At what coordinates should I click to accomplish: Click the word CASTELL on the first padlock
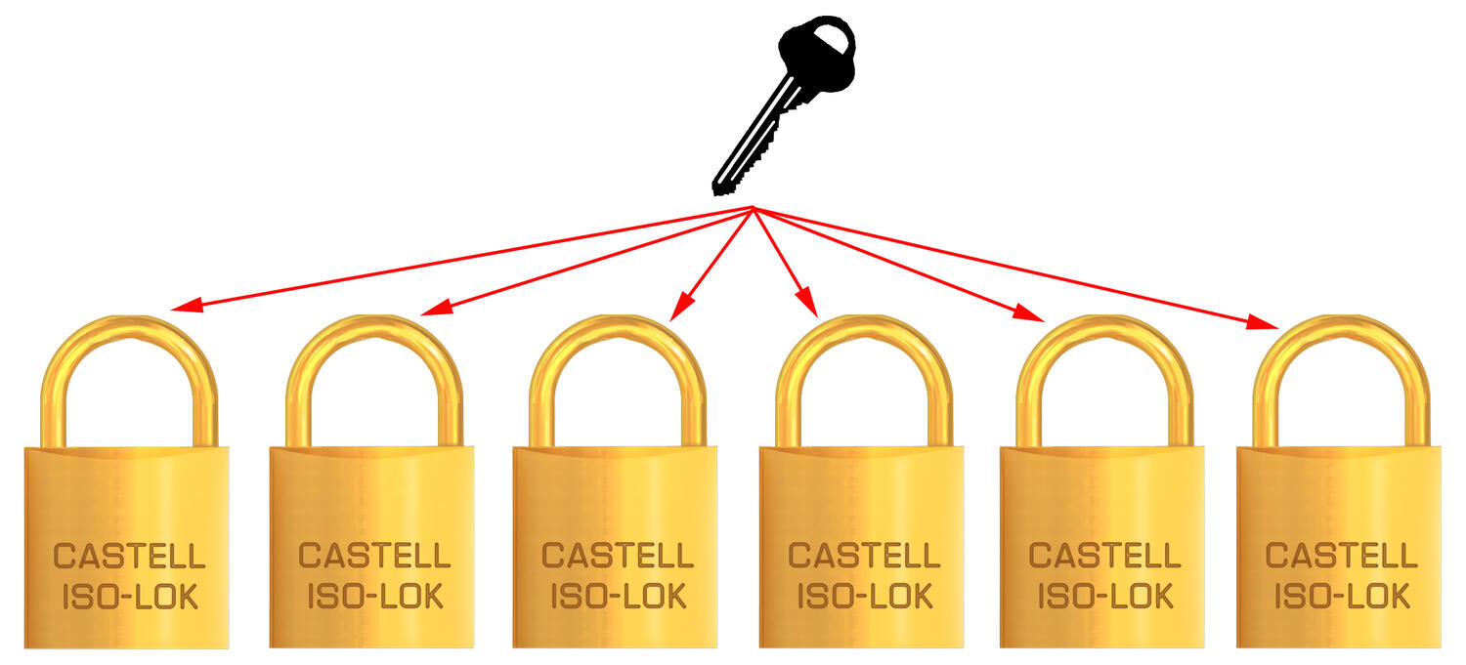pyautogui.click(x=130, y=557)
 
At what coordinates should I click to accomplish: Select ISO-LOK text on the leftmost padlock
pyautogui.click(x=130, y=595)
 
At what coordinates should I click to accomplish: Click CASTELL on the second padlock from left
pyautogui.click(x=374, y=557)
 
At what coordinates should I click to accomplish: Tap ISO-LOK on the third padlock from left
pyautogui.click(x=619, y=595)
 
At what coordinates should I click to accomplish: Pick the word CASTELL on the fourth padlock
pyautogui.click(x=864, y=557)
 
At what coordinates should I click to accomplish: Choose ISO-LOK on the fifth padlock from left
pyautogui.click(x=1105, y=595)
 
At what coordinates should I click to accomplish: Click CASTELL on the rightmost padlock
pyautogui.click(x=1341, y=557)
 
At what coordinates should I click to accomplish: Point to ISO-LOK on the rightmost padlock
pyautogui.click(x=1341, y=595)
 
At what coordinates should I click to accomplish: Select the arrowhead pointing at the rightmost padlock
pyautogui.click(x=1265, y=323)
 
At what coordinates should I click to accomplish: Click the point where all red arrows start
pyautogui.click(x=753, y=208)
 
